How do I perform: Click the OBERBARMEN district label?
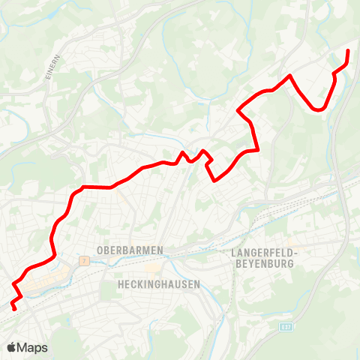[130, 249]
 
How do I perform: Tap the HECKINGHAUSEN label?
[159, 285]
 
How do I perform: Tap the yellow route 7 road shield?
[85, 260]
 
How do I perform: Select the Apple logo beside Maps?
[12, 347]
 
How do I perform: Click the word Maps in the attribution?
[33, 347]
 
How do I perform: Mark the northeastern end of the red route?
[348, 50]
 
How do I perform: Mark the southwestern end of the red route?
[14, 307]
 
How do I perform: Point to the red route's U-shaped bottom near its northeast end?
[319, 109]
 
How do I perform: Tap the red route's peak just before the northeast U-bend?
[289, 75]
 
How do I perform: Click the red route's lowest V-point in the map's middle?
[215, 180]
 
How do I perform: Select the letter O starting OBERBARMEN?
[100, 249]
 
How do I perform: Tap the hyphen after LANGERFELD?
[297, 253]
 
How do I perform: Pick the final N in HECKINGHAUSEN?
[196, 285]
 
